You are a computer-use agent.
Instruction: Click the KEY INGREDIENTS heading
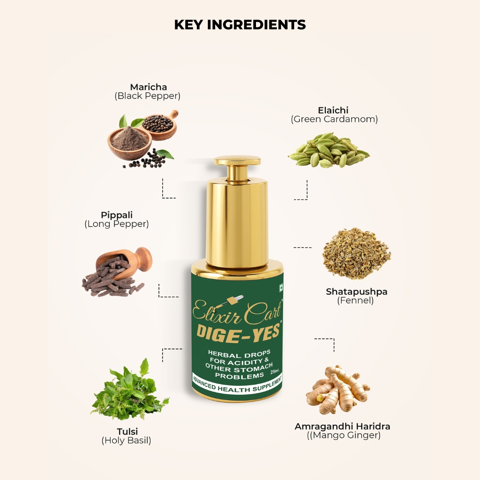pos(240,25)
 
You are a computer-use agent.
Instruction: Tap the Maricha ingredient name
pos(148,87)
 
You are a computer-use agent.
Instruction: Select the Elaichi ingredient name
pos(333,110)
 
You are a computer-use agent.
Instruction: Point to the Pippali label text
pos(116,215)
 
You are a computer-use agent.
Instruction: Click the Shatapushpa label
pos(356,292)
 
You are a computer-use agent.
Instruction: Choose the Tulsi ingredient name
pos(128,432)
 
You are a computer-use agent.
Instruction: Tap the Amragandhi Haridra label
pos(342,426)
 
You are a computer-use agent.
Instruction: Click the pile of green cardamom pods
pos(328,150)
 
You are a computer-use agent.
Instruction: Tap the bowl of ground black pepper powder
pos(129,142)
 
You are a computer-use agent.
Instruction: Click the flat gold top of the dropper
pos(237,160)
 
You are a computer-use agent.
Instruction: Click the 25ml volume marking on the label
pos(275,371)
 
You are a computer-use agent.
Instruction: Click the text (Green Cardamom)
pos(334,119)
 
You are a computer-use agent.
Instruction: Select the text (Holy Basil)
pos(126,440)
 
